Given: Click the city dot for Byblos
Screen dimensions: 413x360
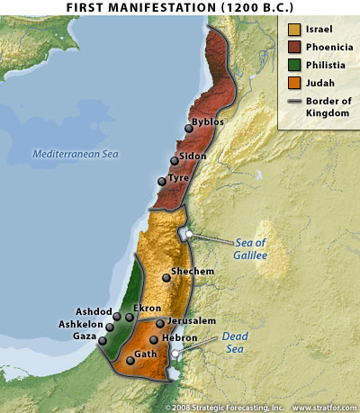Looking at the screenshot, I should tap(189, 129).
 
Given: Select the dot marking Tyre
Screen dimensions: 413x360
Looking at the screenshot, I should tap(162, 181).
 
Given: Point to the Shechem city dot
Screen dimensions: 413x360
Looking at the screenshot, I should tap(165, 278).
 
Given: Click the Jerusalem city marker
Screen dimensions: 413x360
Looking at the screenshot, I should tap(160, 323).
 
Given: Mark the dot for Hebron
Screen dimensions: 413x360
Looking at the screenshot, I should tap(154, 339).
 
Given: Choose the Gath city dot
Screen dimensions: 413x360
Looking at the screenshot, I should tap(131, 360).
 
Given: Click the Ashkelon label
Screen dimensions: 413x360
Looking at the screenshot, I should tap(83, 321).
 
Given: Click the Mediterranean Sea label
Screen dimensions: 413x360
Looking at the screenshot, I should tap(76, 154).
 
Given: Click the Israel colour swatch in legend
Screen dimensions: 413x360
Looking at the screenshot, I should tap(293, 29).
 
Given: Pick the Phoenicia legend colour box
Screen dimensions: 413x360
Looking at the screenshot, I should tap(293, 47).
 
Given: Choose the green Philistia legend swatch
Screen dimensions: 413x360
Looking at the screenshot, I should tap(293, 65).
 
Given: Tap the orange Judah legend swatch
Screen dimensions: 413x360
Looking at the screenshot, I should tap(293, 83).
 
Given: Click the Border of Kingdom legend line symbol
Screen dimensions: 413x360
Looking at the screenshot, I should tap(293, 103).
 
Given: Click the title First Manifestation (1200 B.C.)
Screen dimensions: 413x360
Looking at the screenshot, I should tap(180, 7).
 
